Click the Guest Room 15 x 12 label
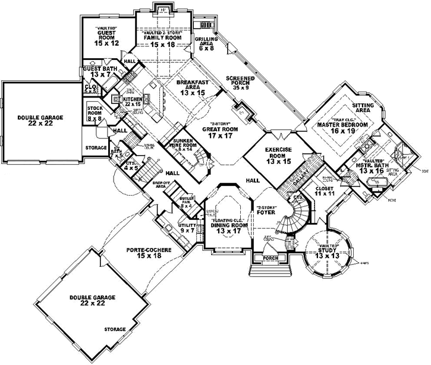[108, 37]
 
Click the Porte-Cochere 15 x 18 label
[149, 254]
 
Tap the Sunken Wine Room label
[181, 144]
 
